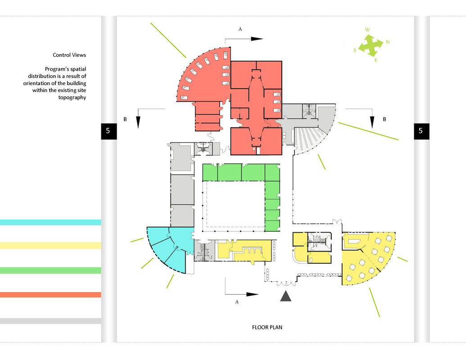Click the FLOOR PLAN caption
tap(267, 327)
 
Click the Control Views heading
tap(69, 55)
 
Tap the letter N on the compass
tap(388, 42)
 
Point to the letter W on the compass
tap(368, 30)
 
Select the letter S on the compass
tap(354, 50)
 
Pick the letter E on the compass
tap(376, 60)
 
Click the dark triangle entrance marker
tap(285, 296)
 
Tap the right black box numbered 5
tap(421, 131)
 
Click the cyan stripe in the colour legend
tap(50, 222)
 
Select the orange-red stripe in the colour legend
tap(50, 295)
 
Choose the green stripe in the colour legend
tap(50, 270)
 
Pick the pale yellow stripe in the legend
tap(50, 245)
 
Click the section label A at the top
tap(240, 29)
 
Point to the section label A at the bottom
tap(237, 302)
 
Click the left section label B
tap(125, 119)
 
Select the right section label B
tap(384, 119)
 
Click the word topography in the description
tap(72, 98)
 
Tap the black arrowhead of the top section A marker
tap(257, 39)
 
